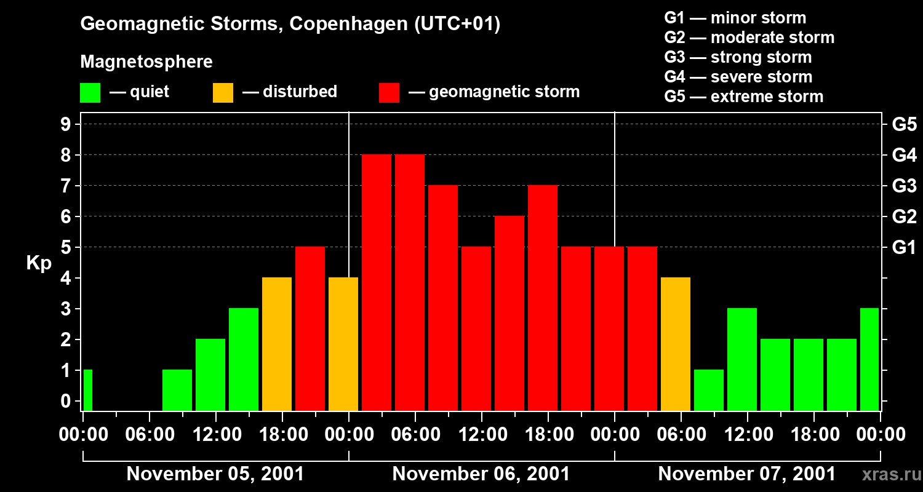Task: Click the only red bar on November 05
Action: pos(310,328)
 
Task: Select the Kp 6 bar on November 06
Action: pos(509,313)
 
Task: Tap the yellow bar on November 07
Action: pos(676,344)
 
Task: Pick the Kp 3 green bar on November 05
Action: pos(244,359)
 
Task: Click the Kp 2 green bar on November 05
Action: pos(210,375)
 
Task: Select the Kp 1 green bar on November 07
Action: pos(709,390)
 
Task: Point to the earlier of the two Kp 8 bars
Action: pos(377,282)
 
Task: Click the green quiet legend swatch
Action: pos(90,93)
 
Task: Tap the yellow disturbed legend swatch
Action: pos(223,93)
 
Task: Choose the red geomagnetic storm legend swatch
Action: pos(390,93)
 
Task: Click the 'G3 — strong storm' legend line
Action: pos(738,57)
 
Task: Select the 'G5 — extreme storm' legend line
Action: pos(743,97)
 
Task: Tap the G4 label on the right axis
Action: pos(904,155)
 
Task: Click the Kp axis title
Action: pos(39,263)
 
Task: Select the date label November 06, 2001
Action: pos(481,474)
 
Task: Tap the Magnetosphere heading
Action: pos(146,62)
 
